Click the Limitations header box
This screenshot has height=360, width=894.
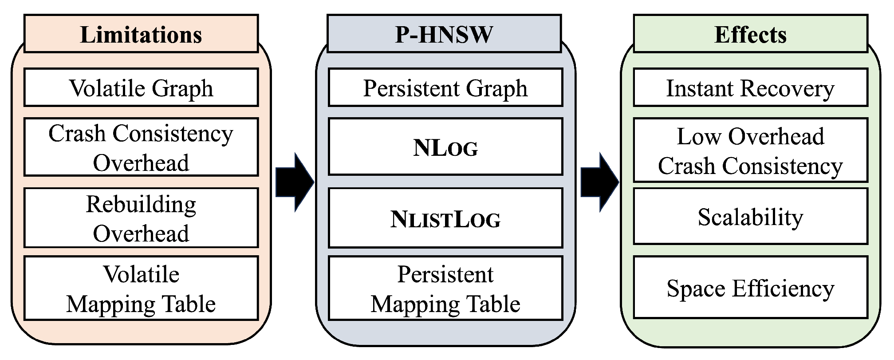[x=141, y=34]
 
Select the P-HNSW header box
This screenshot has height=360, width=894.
[x=445, y=34]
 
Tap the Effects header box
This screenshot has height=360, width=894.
[x=750, y=34]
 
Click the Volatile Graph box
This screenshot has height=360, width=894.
[x=141, y=87]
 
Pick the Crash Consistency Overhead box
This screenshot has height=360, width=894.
[x=141, y=147]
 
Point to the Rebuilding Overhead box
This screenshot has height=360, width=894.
[x=141, y=218]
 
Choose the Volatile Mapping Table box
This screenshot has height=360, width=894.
[x=141, y=289]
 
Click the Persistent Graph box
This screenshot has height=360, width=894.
[x=445, y=87]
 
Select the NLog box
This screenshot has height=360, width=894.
[x=445, y=147]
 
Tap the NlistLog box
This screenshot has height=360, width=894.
[x=445, y=218]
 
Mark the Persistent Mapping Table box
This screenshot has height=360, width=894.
[x=445, y=289]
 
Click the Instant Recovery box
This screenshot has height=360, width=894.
[x=750, y=87]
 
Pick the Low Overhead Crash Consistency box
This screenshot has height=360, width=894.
[x=750, y=150]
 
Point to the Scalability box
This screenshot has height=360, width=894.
[x=750, y=217]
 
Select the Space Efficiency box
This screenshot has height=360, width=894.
[x=750, y=288]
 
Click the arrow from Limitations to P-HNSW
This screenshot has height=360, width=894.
[x=294, y=182]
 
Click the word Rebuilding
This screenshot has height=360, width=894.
[x=141, y=204]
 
